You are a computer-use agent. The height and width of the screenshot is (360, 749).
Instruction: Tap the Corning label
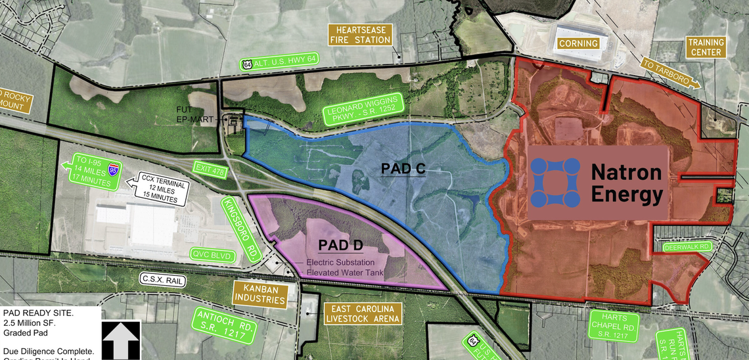pyautogui.click(x=578, y=44)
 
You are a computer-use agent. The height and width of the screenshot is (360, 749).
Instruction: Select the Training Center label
pyautogui.click(x=706, y=47)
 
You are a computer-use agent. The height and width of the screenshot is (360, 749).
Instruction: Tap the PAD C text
pyautogui.click(x=403, y=169)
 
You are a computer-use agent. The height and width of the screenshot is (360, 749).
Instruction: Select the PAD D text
pyautogui.click(x=341, y=246)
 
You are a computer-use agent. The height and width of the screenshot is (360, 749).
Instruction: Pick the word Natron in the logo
pyautogui.click(x=625, y=172)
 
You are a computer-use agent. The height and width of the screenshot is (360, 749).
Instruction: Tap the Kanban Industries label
pyautogui.click(x=262, y=294)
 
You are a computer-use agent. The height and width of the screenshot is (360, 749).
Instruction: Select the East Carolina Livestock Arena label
pyautogui.click(x=363, y=314)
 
